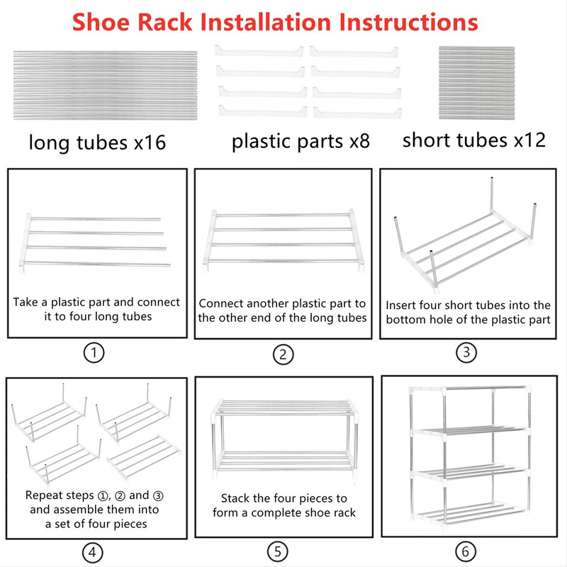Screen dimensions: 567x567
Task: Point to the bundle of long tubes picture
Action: [105, 84]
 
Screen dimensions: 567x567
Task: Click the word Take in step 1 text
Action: [26, 302]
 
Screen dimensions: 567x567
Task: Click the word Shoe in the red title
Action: [120, 22]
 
